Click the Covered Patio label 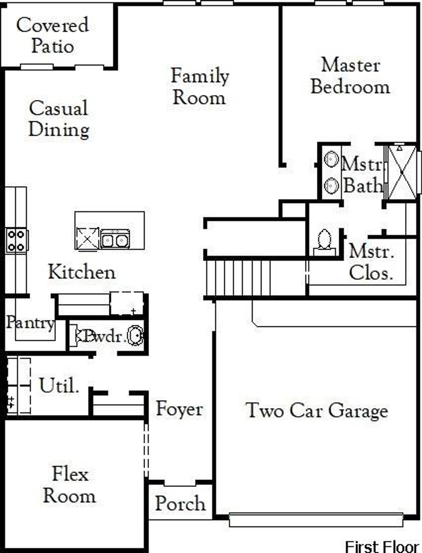[x=53, y=35]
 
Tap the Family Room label [x=200, y=86]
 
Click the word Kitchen [x=82, y=272]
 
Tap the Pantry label [x=30, y=323]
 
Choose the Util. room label [x=59, y=385]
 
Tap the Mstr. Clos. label [x=371, y=263]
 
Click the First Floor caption [x=382, y=546]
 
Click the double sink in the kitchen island [x=115, y=239]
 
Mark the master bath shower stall [x=402, y=172]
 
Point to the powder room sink [x=136, y=335]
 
